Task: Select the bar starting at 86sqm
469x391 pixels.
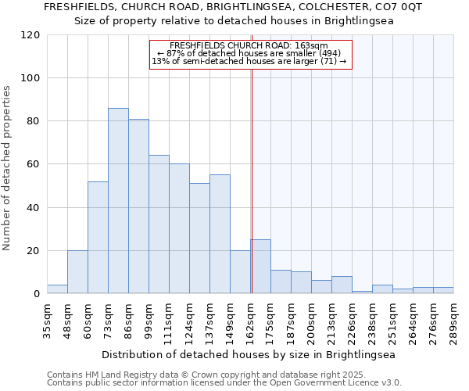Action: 138,206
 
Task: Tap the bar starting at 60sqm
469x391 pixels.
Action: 98,238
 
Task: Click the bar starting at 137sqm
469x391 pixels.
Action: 220,235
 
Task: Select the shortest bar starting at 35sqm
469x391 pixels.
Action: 57,289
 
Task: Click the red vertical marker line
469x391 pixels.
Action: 252,180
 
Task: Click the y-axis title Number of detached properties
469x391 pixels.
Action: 7,168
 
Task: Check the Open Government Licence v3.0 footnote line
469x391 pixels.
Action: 224,382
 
